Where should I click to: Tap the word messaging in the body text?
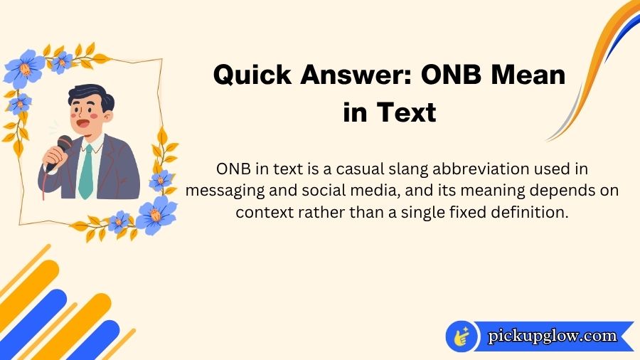click(x=220, y=192)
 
